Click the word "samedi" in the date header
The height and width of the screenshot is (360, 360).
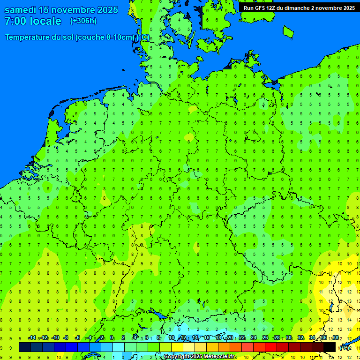coord(22,10)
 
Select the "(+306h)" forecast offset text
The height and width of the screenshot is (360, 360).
coord(83,21)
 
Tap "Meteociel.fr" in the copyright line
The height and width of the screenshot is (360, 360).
coord(219,357)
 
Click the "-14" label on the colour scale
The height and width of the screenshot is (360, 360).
coord(32,338)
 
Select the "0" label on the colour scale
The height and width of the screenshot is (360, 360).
coord(112,338)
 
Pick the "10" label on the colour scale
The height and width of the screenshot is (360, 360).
coord(172,338)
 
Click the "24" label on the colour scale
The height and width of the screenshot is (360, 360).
coord(254,338)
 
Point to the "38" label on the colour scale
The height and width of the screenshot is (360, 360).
coord(336,338)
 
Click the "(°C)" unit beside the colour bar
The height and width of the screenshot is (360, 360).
coord(344,347)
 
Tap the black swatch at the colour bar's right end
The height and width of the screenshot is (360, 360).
coord(330,347)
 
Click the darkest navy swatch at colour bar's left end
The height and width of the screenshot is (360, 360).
coord(24,347)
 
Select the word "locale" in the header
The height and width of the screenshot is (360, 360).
coord(46,21)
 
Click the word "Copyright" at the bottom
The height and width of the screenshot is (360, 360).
coord(177,357)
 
